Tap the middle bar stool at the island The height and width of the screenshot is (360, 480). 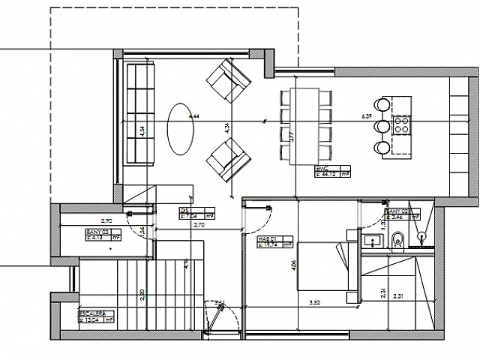click(382, 125)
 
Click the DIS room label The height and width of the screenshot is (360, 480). click(184, 211)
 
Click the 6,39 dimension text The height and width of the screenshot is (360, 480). click(367, 116)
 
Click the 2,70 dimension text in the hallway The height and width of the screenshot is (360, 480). click(199, 224)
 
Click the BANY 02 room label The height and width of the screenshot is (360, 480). click(396, 212)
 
